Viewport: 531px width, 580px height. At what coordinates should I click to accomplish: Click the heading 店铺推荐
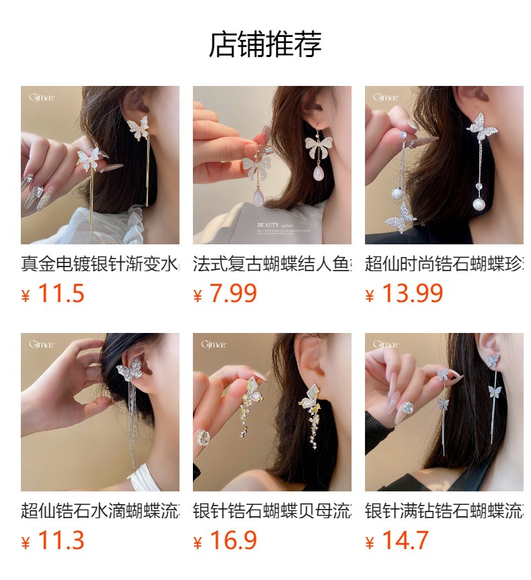[x=265, y=44]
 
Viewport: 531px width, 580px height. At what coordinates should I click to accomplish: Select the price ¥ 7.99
[x=225, y=294]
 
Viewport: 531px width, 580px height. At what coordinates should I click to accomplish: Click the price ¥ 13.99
[x=404, y=294]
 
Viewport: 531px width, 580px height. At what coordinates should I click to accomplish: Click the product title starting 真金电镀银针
[x=99, y=263]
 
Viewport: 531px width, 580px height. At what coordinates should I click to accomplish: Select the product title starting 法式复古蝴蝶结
[x=272, y=263]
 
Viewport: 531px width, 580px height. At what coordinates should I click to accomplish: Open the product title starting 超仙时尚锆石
[x=444, y=263]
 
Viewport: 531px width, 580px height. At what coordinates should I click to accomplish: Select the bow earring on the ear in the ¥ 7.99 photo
[x=318, y=144]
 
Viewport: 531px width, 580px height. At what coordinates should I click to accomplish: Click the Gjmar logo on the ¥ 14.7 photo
[x=385, y=344]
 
